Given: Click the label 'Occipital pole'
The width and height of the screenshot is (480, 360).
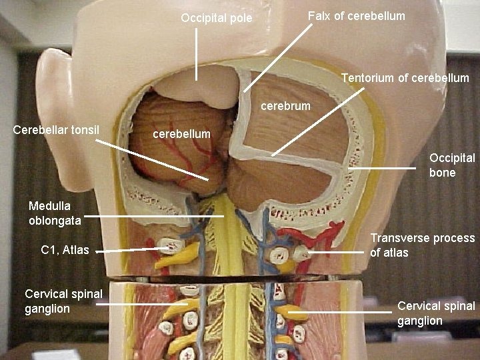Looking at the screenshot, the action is pyautogui.click(x=217, y=18).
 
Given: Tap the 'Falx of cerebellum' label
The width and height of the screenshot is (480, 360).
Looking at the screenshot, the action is pyautogui.click(x=356, y=15).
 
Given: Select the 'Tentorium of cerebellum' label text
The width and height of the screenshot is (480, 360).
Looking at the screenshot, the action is pyautogui.click(x=405, y=78).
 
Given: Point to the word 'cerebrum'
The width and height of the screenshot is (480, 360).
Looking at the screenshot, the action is pyautogui.click(x=285, y=106).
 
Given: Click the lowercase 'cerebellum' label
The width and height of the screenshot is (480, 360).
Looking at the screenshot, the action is pyautogui.click(x=181, y=134).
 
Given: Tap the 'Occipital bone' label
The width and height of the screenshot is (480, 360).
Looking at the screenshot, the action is pyautogui.click(x=452, y=165).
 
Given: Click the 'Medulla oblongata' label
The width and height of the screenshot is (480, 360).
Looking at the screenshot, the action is pyautogui.click(x=55, y=213).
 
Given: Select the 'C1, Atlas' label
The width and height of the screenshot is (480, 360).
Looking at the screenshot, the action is pyautogui.click(x=65, y=250).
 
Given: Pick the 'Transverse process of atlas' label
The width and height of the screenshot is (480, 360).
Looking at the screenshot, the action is pyautogui.click(x=422, y=245).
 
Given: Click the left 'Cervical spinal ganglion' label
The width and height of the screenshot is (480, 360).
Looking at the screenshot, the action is pyautogui.click(x=63, y=301).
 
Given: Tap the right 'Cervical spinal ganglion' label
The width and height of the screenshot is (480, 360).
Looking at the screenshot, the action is pyautogui.click(x=436, y=313).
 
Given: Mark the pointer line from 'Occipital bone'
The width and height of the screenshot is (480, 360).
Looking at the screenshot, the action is pyautogui.click(x=383, y=169).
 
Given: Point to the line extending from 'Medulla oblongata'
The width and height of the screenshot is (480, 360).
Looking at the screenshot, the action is pyautogui.click(x=153, y=217).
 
